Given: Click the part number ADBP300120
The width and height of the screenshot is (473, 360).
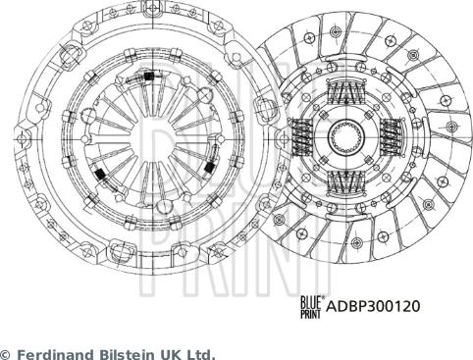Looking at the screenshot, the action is click(x=373, y=306).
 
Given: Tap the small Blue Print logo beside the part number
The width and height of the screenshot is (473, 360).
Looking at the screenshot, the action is click(x=311, y=307).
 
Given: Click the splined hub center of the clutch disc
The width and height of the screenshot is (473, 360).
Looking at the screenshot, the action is click(x=346, y=135).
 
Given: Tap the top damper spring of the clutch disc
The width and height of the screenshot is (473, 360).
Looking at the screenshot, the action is click(x=345, y=91).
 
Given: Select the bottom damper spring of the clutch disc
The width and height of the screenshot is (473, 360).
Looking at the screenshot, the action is click(x=345, y=180).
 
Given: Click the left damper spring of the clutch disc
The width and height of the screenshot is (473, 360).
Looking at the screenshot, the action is click(x=300, y=135).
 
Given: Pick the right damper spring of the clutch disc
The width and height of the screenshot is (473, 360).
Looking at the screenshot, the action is click(x=392, y=135).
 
